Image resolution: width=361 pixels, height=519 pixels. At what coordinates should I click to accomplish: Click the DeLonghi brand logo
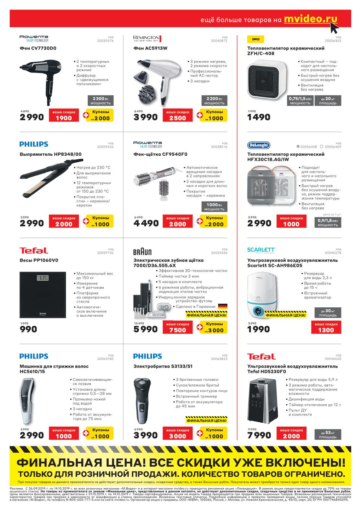258,145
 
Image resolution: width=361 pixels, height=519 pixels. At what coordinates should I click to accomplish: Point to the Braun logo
142,251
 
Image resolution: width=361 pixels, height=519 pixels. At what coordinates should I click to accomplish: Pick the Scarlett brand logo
261,250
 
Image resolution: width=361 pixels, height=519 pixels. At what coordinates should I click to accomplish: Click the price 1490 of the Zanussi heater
258,117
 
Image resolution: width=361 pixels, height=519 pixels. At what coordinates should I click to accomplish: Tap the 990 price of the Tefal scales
29,329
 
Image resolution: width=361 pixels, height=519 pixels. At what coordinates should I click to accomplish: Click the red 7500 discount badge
178,327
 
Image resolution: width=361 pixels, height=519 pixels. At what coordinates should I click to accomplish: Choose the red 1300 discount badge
326,327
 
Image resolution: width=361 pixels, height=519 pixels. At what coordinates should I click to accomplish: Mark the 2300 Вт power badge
100,101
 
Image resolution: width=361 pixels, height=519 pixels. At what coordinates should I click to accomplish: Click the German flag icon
222,307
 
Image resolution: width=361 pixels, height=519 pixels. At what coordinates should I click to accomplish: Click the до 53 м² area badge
327,435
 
